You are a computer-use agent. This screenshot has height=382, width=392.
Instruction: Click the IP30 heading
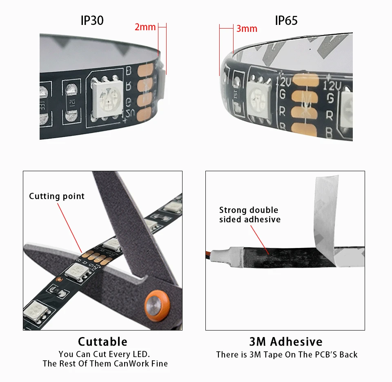tap(92, 20)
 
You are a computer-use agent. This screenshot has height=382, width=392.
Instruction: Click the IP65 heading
tap(286, 20)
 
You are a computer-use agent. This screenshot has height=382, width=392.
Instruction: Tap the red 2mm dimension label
tap(145, 27)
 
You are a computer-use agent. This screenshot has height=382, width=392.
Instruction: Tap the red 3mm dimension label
tap(247, 29)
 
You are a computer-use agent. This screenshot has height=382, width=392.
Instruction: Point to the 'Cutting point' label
tap(57, 196)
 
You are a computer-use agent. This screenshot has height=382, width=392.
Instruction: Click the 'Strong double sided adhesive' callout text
tap(249, 215)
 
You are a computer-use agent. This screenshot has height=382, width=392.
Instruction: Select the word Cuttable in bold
tap(102, 342)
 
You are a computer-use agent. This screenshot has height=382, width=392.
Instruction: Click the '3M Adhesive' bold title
tap(286, 342)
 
